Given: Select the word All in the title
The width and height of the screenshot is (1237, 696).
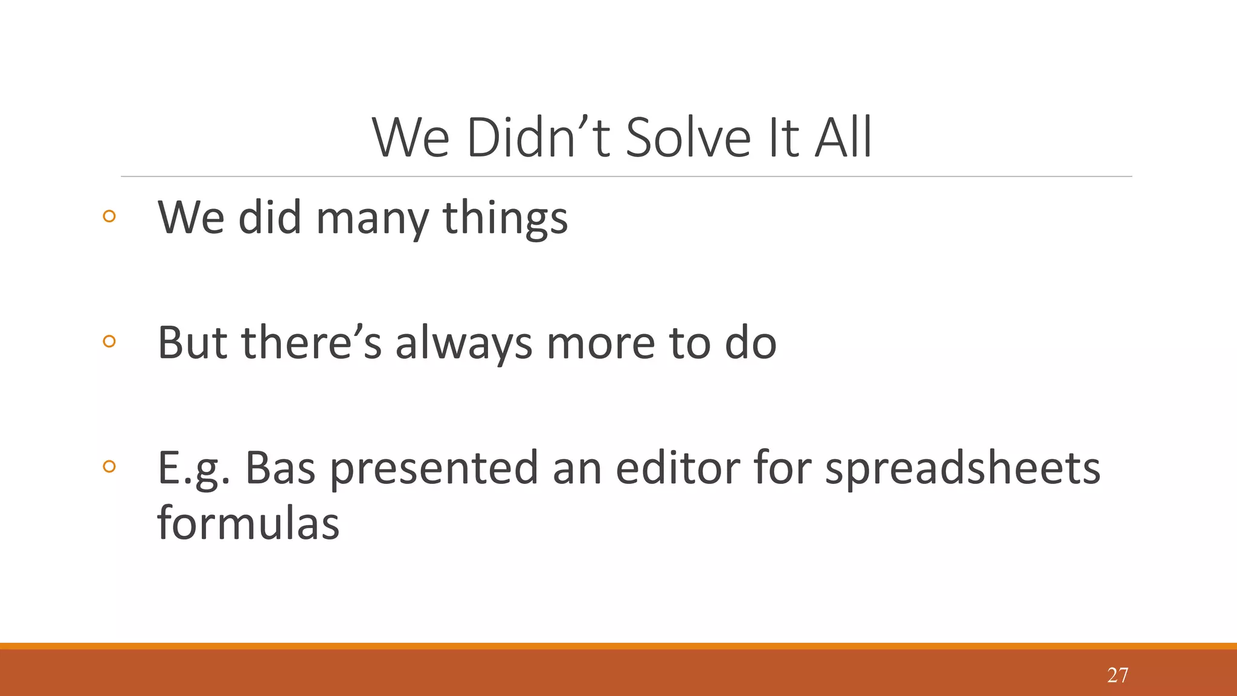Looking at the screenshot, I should [843, 138].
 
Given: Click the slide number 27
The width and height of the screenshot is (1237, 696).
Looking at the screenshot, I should [1117, 675].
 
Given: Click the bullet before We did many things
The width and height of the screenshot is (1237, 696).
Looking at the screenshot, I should [109, 216].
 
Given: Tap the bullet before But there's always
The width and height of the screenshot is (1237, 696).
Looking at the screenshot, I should [109, 341].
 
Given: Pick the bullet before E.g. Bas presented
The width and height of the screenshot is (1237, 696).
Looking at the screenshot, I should [109, 466].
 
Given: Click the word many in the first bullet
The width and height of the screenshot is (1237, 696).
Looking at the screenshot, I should [372, 219].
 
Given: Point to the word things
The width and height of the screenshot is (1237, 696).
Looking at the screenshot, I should [505, 219].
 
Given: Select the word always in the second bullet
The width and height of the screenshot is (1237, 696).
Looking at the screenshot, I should [463, 344].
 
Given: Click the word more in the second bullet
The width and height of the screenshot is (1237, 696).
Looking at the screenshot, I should [600, 344].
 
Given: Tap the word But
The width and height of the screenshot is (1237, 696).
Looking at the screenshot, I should [192, 343].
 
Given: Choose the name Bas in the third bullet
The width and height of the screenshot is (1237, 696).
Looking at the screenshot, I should [280, 468].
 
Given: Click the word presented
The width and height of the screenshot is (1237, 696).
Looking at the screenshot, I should [434, 468].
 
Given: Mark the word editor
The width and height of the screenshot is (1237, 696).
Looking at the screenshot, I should [676, 468].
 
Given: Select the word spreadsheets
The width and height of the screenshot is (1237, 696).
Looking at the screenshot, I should [963, 468].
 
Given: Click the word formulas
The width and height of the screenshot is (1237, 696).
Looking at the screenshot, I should [248, 523].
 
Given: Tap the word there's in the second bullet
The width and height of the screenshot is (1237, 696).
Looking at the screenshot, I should [312, 343].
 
